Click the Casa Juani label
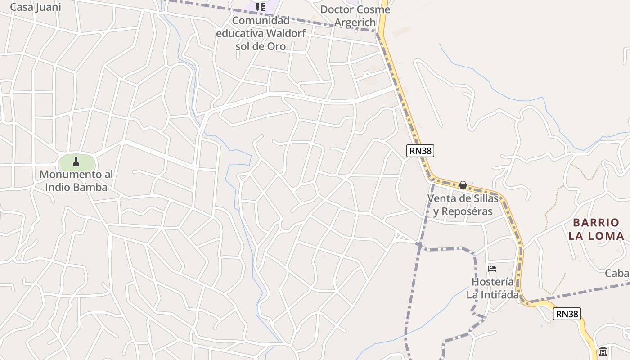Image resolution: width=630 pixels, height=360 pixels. point(35,7)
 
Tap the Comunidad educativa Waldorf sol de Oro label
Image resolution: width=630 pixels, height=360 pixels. point(261,33)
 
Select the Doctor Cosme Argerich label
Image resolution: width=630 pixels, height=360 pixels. point(355,16)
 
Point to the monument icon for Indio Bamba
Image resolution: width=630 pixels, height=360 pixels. point(76,161)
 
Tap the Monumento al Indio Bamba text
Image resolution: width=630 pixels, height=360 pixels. point(76,180)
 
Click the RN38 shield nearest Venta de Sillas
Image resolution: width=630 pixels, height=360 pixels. point(420,151)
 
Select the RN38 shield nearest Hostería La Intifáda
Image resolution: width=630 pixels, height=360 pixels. point(567,314)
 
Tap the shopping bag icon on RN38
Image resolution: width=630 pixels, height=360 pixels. point(463,185)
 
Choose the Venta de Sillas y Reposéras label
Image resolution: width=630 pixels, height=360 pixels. point(463,205)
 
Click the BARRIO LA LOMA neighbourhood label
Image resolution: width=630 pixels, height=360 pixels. point(596,229)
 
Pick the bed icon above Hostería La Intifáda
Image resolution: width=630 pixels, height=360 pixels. point(492,269)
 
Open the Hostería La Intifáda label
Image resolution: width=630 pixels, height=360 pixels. point(492,288)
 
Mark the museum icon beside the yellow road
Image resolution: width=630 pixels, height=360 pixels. point(603,351)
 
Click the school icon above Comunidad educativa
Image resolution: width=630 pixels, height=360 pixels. point(261,7)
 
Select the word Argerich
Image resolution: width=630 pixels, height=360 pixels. point(355,22)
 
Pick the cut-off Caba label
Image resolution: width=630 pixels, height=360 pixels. point(617,273)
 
